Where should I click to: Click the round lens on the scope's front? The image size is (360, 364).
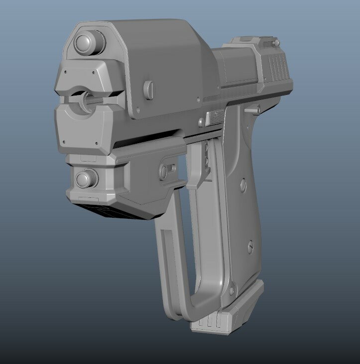click(x=89, y=42)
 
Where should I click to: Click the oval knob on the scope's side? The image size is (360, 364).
click(x=148, y=89)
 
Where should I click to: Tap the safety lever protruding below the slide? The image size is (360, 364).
click(x=253, y=109)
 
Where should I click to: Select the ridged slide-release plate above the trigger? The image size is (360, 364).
click(x=216, y=118)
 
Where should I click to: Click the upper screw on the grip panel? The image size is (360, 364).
click(x=242, y=185)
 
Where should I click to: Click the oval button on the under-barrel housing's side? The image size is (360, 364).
click(x=164, y=171)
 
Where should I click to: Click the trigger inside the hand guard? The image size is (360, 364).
click(x=205, y=159)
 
